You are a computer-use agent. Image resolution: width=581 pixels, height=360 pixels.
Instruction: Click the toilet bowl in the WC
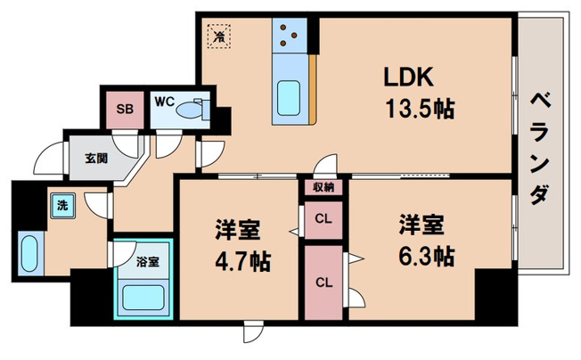[191, 110]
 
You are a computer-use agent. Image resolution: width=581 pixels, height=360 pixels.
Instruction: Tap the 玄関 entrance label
[96, 159]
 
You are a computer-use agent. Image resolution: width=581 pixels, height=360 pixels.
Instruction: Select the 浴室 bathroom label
[148, 262]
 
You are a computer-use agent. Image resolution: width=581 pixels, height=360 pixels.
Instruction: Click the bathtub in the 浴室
[145, 297]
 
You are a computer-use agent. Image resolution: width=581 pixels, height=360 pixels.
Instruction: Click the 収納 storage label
[323, 187]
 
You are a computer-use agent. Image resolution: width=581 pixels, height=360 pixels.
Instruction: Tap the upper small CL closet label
[323, 217]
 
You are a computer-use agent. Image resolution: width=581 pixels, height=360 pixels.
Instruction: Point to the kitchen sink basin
[290, 96]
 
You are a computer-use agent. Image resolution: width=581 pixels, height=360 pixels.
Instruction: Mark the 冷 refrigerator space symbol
[218, 37]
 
